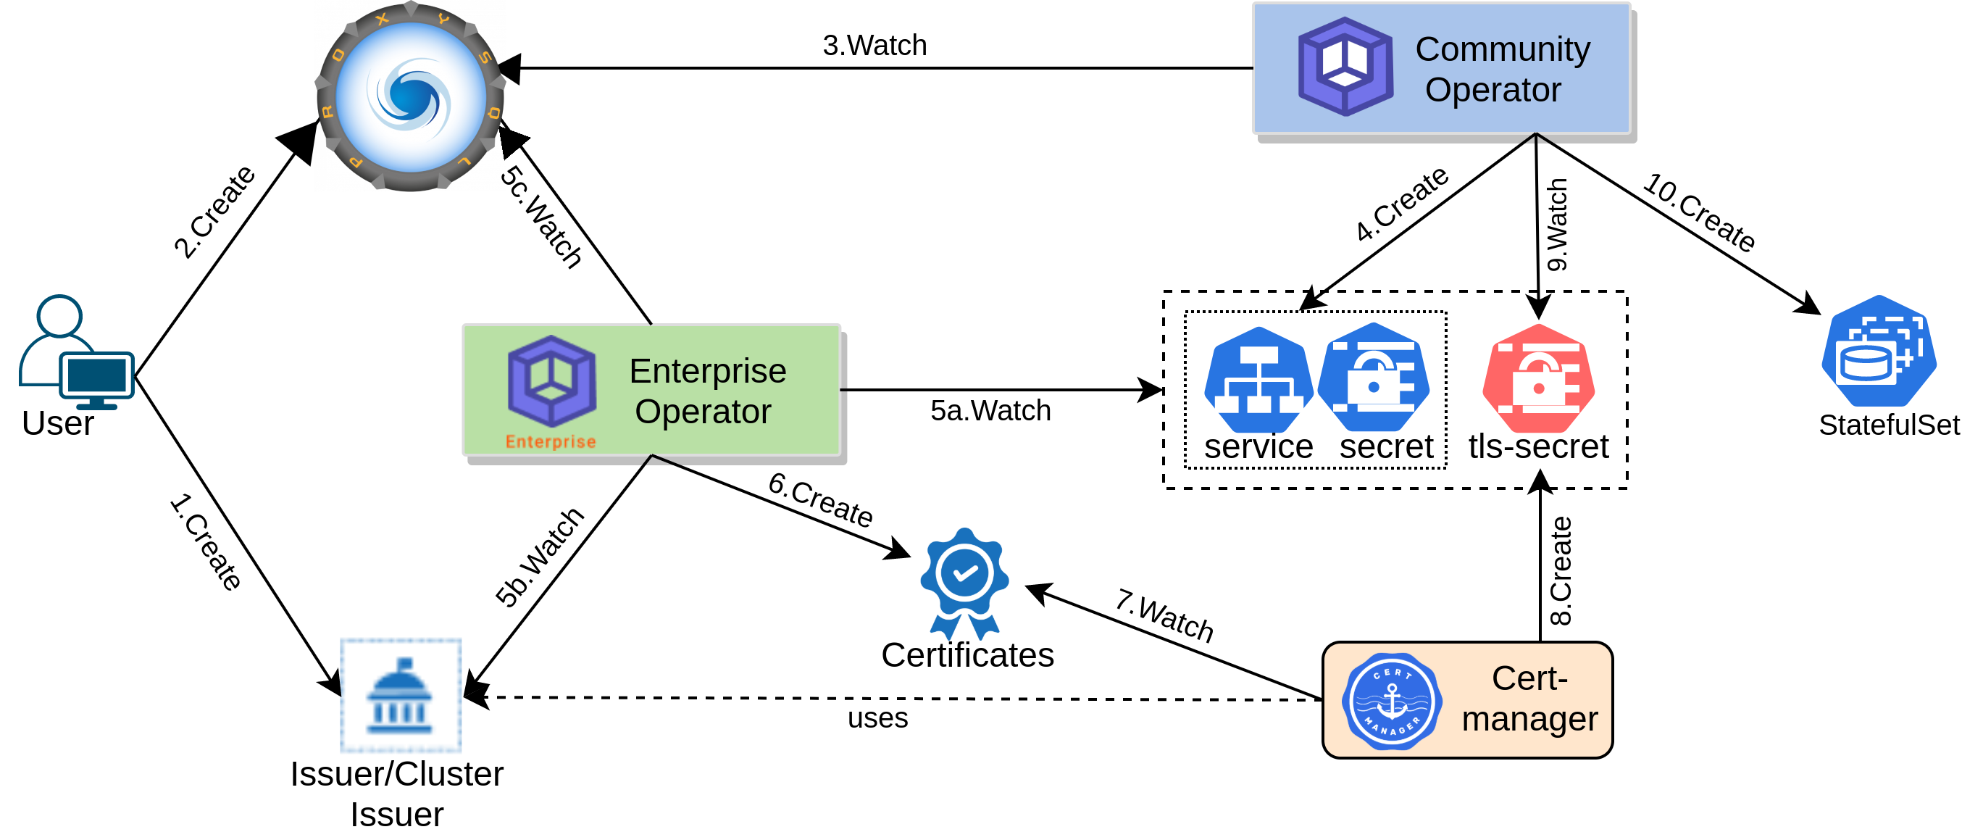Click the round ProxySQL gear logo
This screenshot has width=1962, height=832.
[411, 97]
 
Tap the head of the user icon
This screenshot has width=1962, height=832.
[59, 315]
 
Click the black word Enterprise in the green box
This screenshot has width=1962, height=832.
[708, 371]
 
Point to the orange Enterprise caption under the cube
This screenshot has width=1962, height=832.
[551, 442]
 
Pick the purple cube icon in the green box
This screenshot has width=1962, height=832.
[551, 380]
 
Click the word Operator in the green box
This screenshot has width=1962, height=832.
[703, 412]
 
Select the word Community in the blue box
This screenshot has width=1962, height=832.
[1502, 49]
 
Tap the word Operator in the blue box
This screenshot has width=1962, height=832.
[1493, 90]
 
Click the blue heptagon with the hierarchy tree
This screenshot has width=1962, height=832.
[1258, 380]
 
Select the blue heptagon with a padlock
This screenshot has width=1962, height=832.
[1374, 378]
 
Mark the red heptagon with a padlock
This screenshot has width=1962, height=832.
[1539, 378]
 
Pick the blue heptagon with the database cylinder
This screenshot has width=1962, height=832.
[1878, 351]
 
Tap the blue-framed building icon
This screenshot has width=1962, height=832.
[401, 696]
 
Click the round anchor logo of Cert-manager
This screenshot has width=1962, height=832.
[1392, 701]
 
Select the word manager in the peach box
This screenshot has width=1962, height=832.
[1529, 719]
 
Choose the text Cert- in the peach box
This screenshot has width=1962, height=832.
[1529, 678]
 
